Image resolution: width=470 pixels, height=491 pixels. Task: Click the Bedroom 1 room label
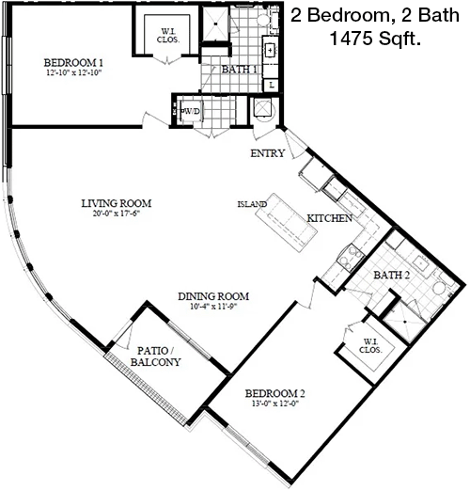[73, 63]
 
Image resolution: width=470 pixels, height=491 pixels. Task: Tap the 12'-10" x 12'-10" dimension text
[74, 73]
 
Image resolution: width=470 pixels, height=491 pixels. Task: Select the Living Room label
[117, 203]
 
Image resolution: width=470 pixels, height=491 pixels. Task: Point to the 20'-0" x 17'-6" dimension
[116, 214]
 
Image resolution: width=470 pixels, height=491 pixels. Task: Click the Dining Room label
[213, 296]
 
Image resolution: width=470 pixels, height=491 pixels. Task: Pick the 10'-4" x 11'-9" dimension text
[213, 307]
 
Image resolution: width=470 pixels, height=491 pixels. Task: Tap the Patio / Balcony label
[156, 356]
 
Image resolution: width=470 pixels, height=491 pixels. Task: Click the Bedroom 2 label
[274, 393]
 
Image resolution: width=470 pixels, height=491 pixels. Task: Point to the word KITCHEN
[329, 218]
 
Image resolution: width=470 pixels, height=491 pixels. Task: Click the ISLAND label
[252, 204]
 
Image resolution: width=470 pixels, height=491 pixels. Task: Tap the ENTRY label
[268, 153]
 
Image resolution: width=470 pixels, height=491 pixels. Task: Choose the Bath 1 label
[239, 70]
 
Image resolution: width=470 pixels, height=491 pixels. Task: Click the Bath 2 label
[392, 275]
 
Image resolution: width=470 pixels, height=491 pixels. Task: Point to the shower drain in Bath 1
[215, 24]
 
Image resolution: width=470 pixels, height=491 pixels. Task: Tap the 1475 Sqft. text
[375, 39]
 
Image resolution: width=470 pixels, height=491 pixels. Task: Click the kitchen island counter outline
[286, 222]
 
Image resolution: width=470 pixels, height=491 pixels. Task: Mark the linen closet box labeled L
[272, 85]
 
